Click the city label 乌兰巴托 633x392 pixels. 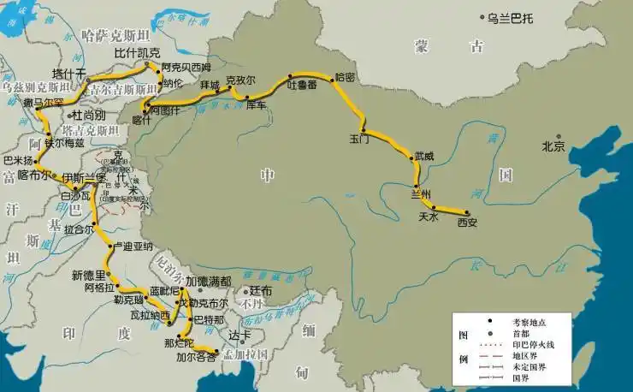point(511,17)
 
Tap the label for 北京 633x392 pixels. point(553,146)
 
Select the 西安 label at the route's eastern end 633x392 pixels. point(467,223)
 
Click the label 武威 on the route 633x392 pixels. point(424,157)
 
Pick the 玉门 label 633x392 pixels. point(360,138)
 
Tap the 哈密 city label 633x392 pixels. point(346,77)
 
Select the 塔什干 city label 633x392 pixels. point(69,74)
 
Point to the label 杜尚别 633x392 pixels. point(89,114)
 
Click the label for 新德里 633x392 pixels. point(88,275)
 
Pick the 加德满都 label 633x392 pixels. point(209,282)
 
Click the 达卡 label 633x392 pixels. point(240,336)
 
